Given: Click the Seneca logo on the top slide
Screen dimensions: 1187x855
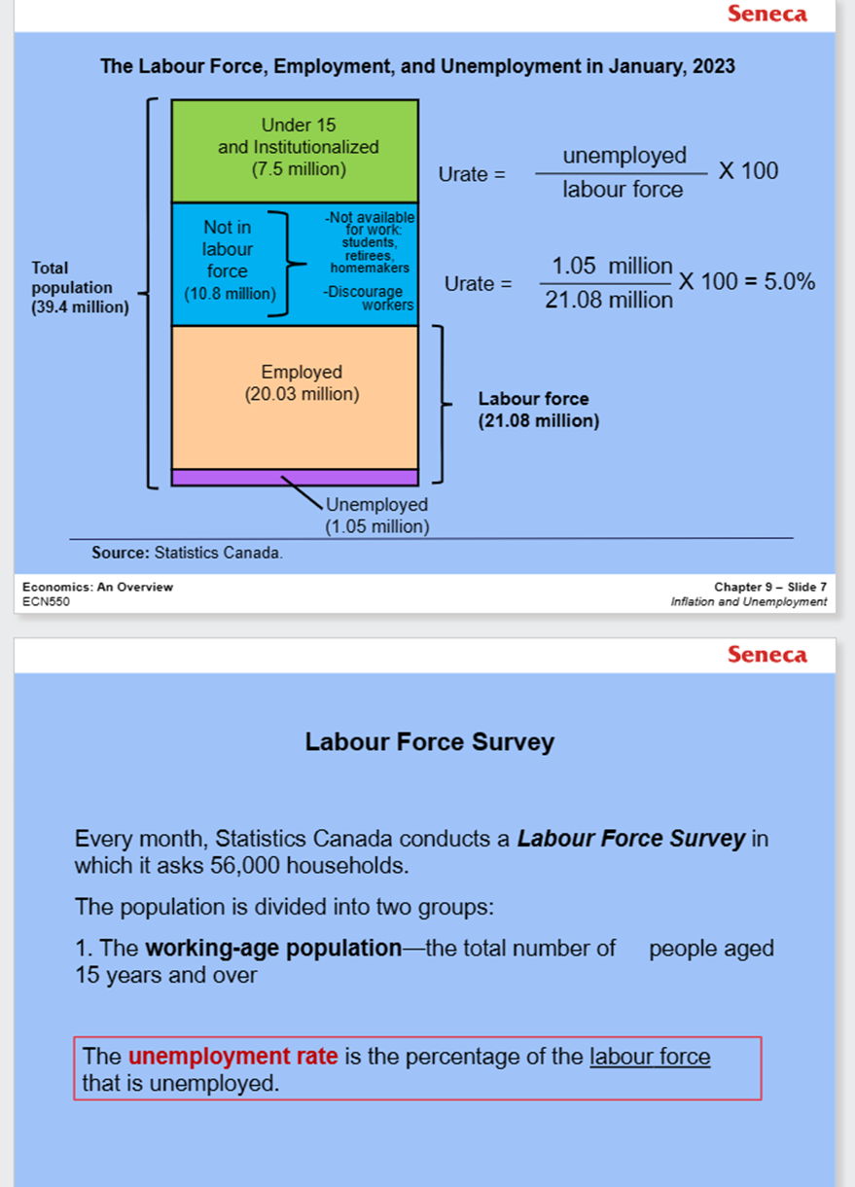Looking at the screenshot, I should point(766,14).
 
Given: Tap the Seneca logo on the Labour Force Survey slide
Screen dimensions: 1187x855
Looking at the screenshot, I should point(766,655).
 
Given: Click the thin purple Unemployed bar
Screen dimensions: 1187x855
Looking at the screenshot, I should point(295,477).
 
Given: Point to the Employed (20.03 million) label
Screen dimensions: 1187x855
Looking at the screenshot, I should point(302,383).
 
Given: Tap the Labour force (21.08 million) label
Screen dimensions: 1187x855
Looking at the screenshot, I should point(538,410).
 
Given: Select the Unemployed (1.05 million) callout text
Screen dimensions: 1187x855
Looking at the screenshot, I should point(376,516).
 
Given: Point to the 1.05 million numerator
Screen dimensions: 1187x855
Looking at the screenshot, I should point(612,267).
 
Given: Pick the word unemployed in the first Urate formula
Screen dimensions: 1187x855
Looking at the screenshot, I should point(624,156).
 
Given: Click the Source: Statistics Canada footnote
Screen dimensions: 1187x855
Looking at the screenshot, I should point(187,553).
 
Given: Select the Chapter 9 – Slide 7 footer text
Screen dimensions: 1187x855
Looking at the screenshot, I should point(770,587).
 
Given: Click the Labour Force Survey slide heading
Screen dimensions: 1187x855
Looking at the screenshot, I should point(429,742).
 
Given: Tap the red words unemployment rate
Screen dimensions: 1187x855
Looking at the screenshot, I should point(232,1057).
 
